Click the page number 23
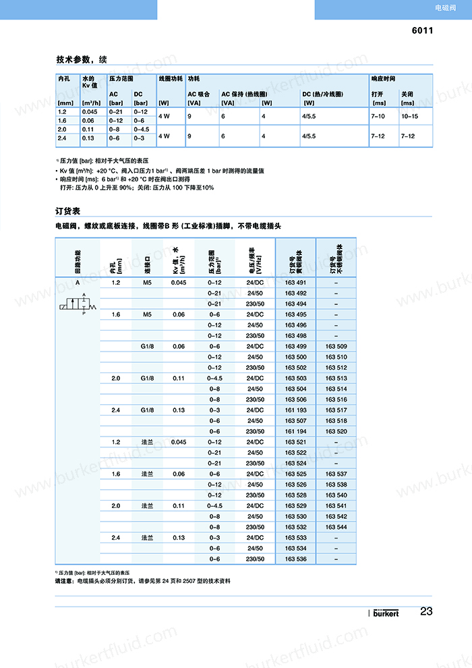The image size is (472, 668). tap(426, 612)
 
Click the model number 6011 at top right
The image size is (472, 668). tap(422, 30)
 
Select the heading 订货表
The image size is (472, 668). tap(68, 211)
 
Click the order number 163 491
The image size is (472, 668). tap(295, 282)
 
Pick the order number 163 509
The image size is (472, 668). tap(336, 346)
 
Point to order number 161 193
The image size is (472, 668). tap(295, 410)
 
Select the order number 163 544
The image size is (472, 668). tap(336, 527)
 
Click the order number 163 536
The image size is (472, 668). tap(295, 559)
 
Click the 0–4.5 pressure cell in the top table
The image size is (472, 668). tap(142, 128)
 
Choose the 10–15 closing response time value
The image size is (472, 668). tap(409, 116)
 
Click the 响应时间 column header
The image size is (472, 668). tap(383, 79)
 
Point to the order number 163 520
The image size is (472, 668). tap(336, 431)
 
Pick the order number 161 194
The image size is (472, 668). tap(295, 431)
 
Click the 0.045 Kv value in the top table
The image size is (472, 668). tap(89, 111)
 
